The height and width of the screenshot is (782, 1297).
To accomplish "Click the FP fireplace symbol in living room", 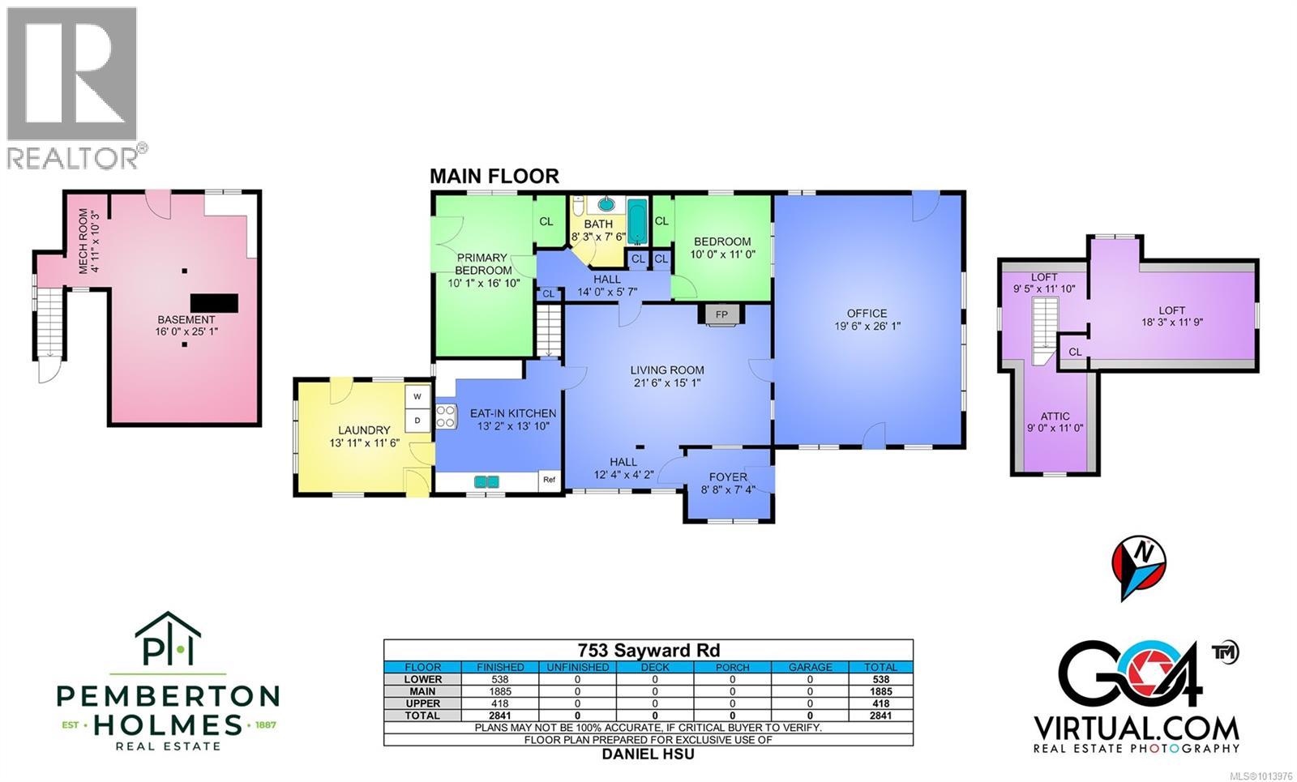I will point(721,314).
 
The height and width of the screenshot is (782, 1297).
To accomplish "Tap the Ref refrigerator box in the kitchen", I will point(549,480).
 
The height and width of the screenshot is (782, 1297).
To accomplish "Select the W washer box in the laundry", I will point(417,396).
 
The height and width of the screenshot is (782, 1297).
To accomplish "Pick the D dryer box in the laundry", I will point(417,420).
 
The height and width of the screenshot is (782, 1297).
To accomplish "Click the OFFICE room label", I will point(867,314).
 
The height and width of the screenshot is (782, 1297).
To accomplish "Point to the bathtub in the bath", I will point(638,221).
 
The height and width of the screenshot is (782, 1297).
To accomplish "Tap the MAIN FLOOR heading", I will point(494,176).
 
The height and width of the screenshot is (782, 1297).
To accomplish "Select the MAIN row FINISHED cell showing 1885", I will point(500,691).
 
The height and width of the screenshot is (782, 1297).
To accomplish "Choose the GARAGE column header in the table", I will point(810,667).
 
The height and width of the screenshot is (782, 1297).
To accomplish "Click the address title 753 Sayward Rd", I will point(648,650).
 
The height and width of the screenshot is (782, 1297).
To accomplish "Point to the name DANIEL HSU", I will point(648,754).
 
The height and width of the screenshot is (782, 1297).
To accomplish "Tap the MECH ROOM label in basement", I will point(88,241).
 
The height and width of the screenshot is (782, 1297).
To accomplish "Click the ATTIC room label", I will point(1055,417).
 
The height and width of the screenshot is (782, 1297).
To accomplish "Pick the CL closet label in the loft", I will point(1074,352).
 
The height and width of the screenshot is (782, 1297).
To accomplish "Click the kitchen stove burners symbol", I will point(445,417).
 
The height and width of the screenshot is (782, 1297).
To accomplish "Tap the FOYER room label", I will point(728,476).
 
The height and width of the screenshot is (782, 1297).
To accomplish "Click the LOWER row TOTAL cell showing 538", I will point(880,679).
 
